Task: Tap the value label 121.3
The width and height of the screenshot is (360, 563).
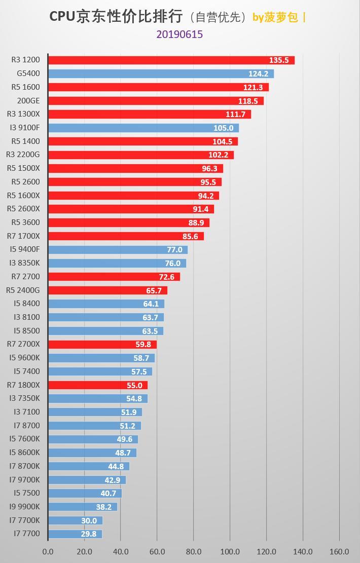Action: tap(253, 87)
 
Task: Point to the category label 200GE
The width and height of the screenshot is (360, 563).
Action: tap(28, 101)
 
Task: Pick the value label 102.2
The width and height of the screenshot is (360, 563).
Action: tap(218, 155)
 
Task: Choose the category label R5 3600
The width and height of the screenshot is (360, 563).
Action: tap(25, 222)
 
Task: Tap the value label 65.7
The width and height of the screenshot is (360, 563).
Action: tap(154, 290)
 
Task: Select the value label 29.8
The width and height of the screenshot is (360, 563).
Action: tap(89, 534)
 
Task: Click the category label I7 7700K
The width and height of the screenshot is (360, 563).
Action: tap(24, 520)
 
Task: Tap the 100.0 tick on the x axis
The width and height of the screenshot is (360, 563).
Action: tap(230, 551)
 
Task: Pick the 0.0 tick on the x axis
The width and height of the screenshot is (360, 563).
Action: tap(48, 551)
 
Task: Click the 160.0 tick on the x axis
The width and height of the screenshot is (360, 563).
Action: tap(339, 551)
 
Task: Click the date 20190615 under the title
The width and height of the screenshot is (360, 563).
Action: tap(179, 34)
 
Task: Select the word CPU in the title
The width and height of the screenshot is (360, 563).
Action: tap(62, 17)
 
